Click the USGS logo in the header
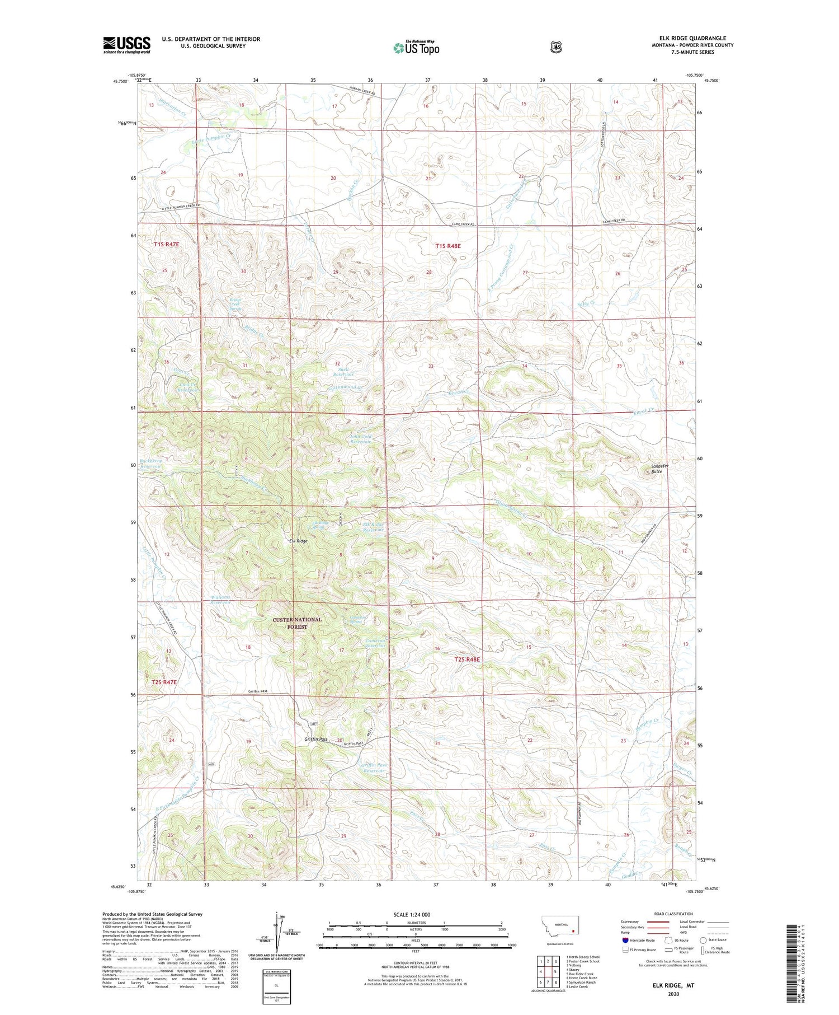point(126,45)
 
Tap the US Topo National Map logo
point(416,48)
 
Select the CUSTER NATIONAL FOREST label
point(297,623)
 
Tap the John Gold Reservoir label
point(360,439)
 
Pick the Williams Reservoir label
point(221,600)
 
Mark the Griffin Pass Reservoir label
point(374,768)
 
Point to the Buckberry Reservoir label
point(151,463)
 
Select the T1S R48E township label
point(448,246)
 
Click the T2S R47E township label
point(164,682)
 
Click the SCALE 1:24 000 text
point(412,914)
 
